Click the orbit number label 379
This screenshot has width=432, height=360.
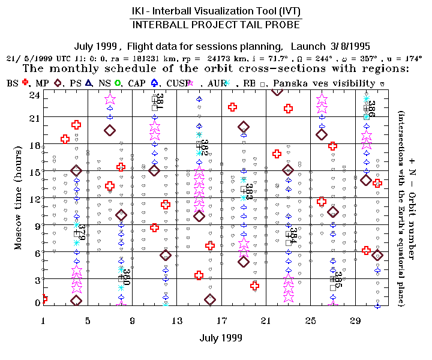[83, 231]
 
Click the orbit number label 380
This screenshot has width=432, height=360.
[127, 275]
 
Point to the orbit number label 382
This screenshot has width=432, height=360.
[205, 148]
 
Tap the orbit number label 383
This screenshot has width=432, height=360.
[249, 192]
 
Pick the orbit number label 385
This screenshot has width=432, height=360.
[338, 280]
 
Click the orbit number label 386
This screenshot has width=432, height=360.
[371, 109]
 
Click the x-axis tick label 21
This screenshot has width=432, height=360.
[266, 320]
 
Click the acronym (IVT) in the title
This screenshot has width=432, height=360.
[287, 10]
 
